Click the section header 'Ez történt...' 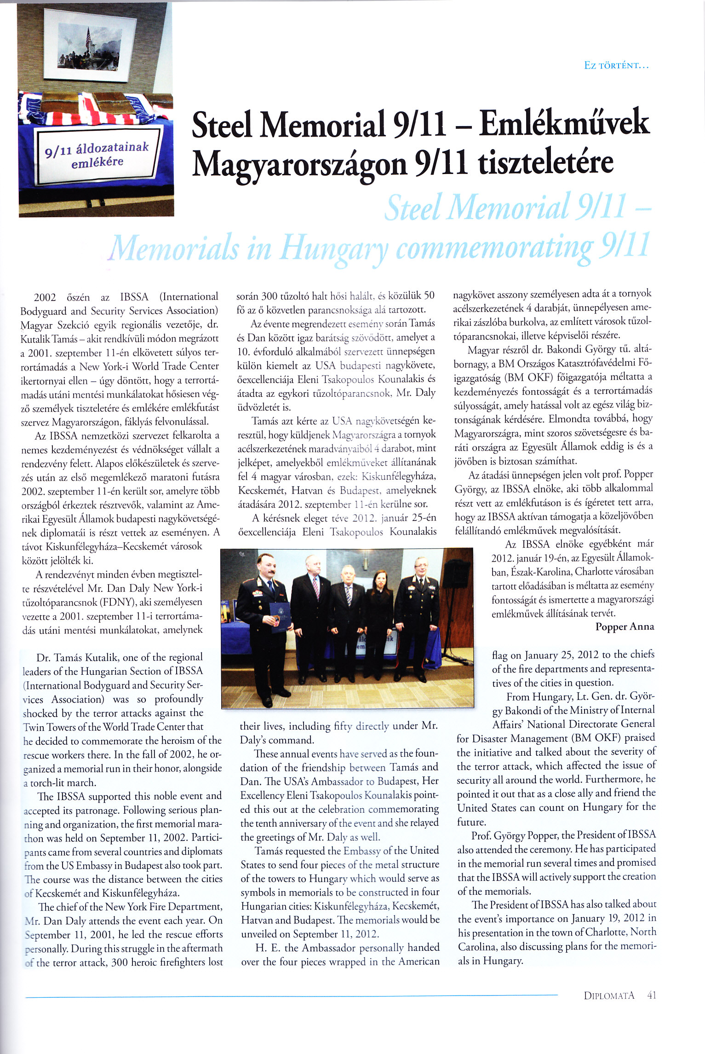(616, 65)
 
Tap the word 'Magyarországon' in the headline (299, 163)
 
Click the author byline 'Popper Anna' (624, 626)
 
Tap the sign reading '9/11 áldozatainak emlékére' (97, 155)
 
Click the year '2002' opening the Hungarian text (45, 297)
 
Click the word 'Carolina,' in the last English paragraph (476, 946)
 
